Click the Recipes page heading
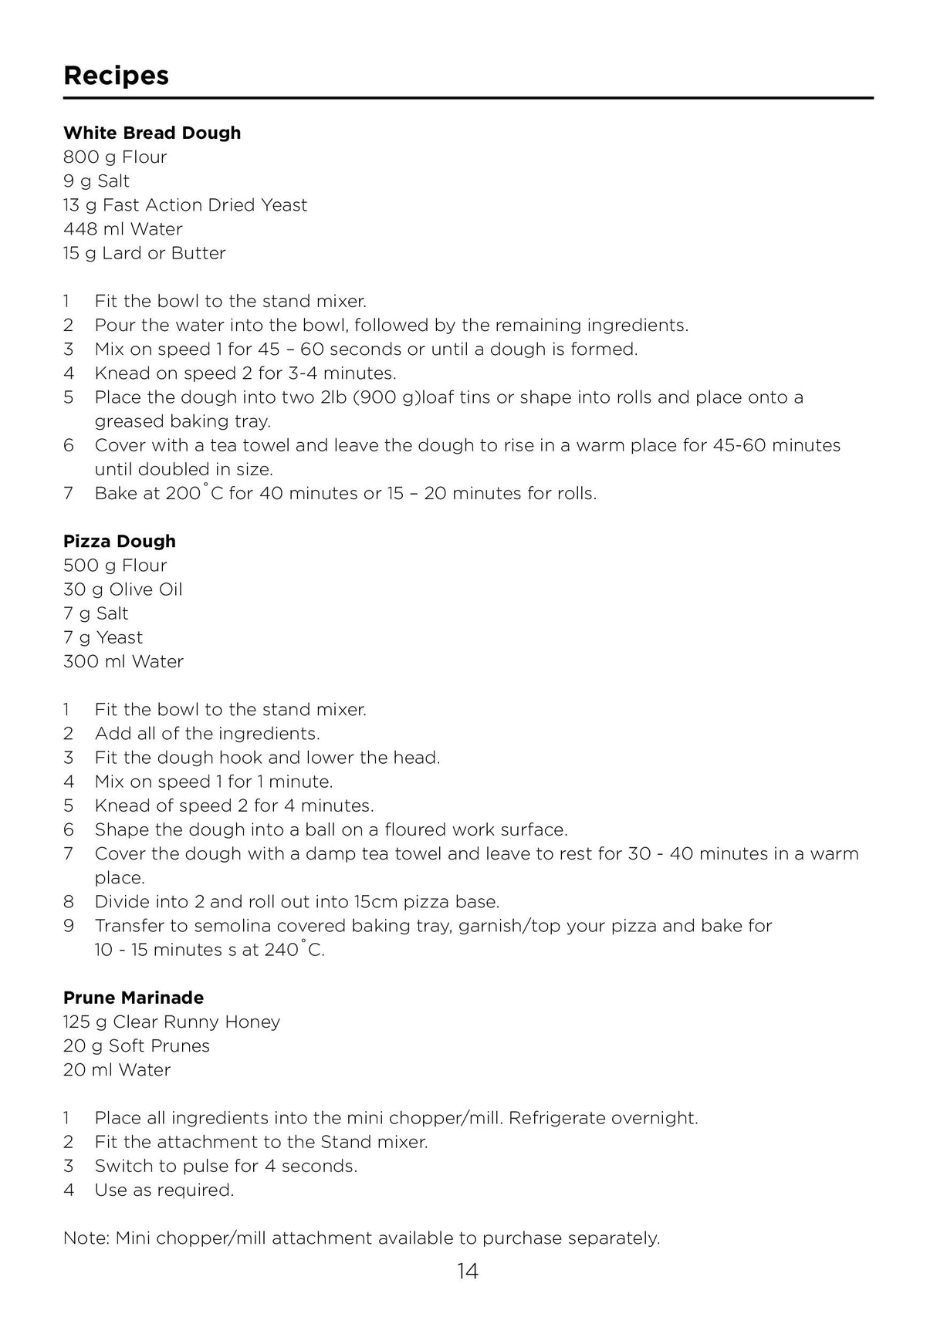pyautogui.click(x=116, y=76)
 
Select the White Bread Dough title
pyautogui.click(x=152, y=133)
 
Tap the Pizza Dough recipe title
pyautogui.click(x=120, y=541)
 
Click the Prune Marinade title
pyautogui.click(x=134, y=998)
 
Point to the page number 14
pyautogui.click(x=468, y=1272)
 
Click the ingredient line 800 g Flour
pyautogui.click(x=115, y=157)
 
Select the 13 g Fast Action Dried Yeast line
pyautogui.click(x=185, y=205)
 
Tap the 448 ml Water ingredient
pyautogui.click(x=123, y=229)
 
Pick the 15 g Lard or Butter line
pyautogui.click(x=144, y=253)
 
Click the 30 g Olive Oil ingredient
pyautogui.click(x=123, y=589)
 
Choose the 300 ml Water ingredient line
pyautogui.click(x=123, y=661)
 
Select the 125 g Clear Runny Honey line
pyautogui.click(x=171, y=1022)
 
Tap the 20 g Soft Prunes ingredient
pyautogui.click(x=137, y=1045)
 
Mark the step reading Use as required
pyautogui.click(x=164, y=1190)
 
